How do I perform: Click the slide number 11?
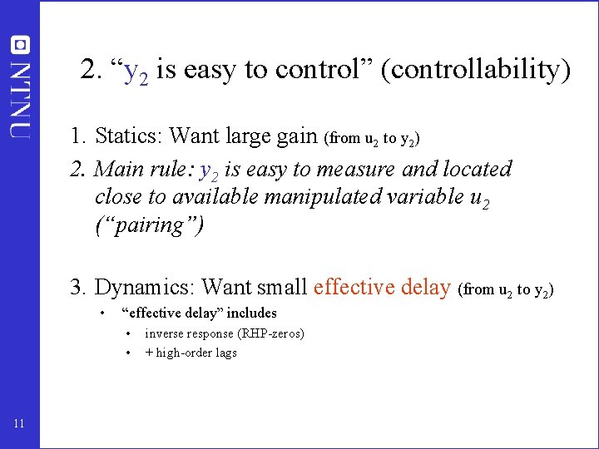coord(19,425)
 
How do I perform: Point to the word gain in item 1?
coord(296,135)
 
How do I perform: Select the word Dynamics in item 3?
coord(145,288)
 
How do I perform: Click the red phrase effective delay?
coord(382,288)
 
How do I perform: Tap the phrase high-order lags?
coord(196,353)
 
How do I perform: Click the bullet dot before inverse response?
coord(129,333)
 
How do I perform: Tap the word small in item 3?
coord(282,288)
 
